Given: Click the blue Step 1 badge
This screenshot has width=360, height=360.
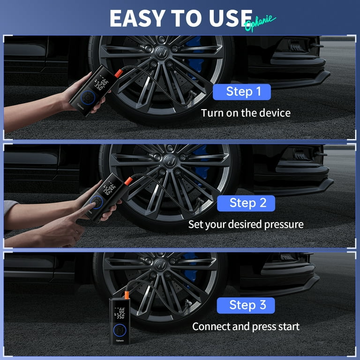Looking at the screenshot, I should [x=241, y=91].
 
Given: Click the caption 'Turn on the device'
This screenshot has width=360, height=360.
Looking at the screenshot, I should [x=246, y=113].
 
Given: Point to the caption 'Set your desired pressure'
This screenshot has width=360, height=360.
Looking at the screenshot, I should [x=246, y=225].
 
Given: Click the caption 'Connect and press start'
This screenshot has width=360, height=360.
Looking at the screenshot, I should [x=246, y=326].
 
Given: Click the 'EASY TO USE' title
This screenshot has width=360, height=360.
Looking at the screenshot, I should [x=180, y=18].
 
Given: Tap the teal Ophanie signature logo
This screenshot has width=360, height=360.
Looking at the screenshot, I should [x=260, y=22].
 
